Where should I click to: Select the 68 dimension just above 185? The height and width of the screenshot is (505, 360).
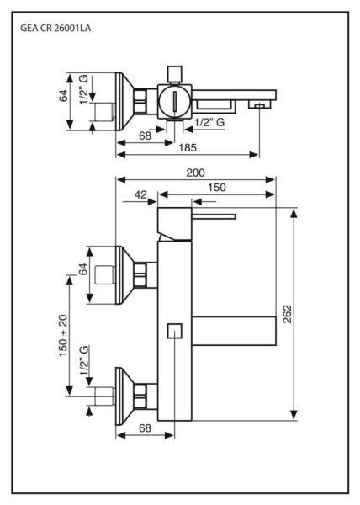click(x=146, y=136)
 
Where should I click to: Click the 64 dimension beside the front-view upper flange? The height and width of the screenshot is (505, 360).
click(x=83, y=269)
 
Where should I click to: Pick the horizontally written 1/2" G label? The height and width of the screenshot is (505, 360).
click(x=209, y=123)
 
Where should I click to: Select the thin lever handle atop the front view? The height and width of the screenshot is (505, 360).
click(x=212, y=216)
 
